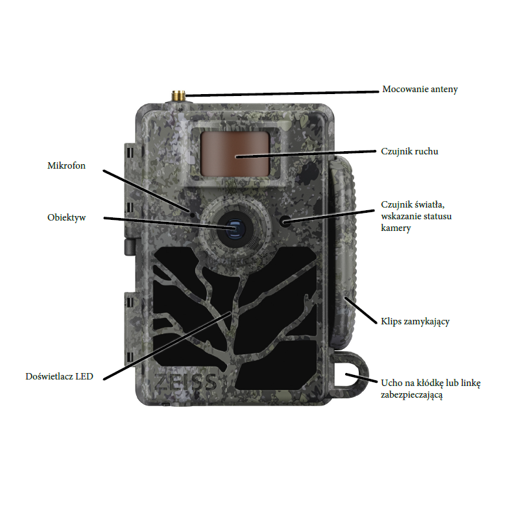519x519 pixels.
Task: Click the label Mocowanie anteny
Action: pyautogui.click(x=420, y=90)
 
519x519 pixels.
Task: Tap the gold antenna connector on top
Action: pyautogui.click(x=178, y=96)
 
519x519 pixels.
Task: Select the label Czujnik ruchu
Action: pyautogui.click(x=409, y=151)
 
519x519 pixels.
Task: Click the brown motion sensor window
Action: pyautogui.click(x=235, y=154)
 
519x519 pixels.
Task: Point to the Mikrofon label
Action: pyautogui.click(x=66, y=165)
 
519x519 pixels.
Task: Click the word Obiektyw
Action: pyautogui.click(x=67, y=217)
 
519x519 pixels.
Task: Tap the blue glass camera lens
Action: pyautogui.click(x=235, y=229)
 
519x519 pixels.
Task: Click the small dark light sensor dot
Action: pyautogui.click(x=285, y=221)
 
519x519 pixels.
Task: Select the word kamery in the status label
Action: pyautogui.click(x=396, y=228)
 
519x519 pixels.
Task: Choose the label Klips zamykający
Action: pyautogui.click(x=415, y=321)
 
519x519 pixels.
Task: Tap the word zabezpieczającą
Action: pyautogui.click(x=411, y=395)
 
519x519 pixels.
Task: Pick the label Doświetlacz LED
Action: pyautogui.click(x=59, y=376)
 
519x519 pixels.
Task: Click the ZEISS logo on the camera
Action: pyautogui.click(x=186, y=382)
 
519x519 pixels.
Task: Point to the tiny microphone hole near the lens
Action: pyautogui.click(x=192, y=213)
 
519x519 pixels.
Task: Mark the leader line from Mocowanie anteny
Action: pyautogui.click(x=282, y=93)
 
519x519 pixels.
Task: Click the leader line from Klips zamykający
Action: pyautogui.click(x=361, y=311)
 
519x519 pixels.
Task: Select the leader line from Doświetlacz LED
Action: pyautogui.click(x=167, y=346)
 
